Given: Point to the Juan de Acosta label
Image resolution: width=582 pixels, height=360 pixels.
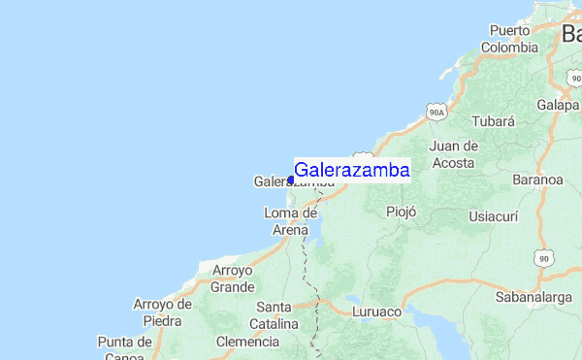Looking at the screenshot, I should tap(455, 154).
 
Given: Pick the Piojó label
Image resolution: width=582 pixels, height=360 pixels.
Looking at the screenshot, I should tap(401, 212).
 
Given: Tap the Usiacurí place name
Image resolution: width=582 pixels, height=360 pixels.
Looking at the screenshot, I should tap(495, 215).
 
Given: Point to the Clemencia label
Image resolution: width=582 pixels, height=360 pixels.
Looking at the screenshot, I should tap(246, 342).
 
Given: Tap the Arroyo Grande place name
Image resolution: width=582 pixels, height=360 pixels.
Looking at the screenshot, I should tap(233, 278).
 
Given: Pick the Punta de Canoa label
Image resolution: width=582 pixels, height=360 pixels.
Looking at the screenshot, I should tap(125, 348).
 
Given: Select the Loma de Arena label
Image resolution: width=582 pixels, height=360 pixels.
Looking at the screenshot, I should tap(290, 221).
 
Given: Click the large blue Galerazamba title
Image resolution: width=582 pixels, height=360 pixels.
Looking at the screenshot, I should tap(351, 170).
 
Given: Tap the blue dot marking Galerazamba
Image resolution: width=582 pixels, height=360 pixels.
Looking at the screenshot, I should tap(291, 180).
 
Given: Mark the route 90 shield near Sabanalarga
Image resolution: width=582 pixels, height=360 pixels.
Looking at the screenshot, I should tap(545, 259).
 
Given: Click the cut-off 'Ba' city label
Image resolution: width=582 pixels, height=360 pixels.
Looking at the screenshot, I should tap(570, 35).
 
